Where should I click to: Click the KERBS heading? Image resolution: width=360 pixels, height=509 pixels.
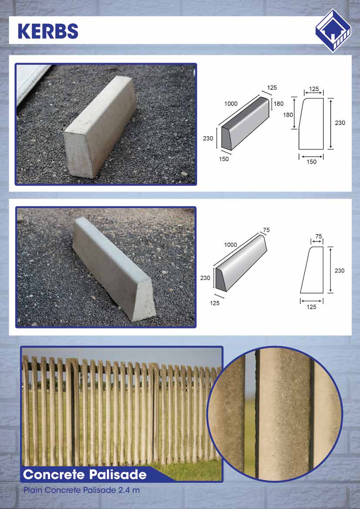48,31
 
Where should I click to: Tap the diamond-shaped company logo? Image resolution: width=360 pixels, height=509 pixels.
333,30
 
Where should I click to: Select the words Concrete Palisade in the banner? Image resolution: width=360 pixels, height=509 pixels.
85,475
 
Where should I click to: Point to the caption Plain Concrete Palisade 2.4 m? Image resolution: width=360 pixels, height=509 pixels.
81,490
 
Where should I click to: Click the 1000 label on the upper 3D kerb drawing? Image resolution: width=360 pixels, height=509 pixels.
231,104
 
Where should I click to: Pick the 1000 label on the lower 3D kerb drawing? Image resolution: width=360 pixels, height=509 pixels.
230,245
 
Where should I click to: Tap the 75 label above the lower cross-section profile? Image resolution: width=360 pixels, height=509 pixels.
318,236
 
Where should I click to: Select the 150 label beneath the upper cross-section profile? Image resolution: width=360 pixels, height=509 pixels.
311,162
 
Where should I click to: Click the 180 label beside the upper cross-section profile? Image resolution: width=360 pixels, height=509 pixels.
288,114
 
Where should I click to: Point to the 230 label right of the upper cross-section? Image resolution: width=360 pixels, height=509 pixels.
340,123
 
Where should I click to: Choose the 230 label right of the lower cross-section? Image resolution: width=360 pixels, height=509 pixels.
340,271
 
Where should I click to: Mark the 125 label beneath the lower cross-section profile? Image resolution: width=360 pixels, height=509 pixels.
311,307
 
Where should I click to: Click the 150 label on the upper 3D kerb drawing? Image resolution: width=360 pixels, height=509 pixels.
224,159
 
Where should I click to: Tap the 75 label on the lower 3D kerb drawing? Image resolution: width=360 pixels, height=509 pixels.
266,230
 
